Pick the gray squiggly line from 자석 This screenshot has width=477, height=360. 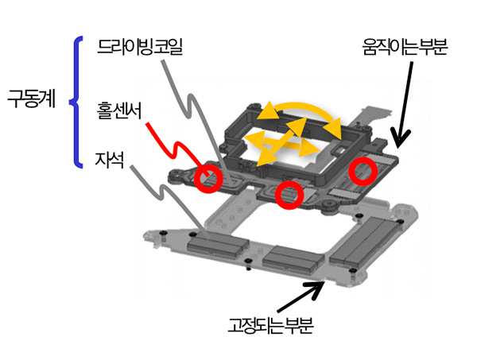(163, 199)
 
